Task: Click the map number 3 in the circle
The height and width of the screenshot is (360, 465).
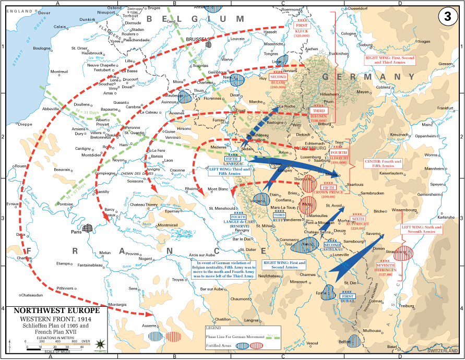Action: (448, 16)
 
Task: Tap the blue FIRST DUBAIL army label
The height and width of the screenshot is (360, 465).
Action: (348, 299)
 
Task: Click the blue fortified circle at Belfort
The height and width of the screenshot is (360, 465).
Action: (355, 341)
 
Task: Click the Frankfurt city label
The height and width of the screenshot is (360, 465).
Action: (444, 107)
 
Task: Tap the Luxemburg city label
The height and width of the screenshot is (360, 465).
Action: (311, 157)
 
